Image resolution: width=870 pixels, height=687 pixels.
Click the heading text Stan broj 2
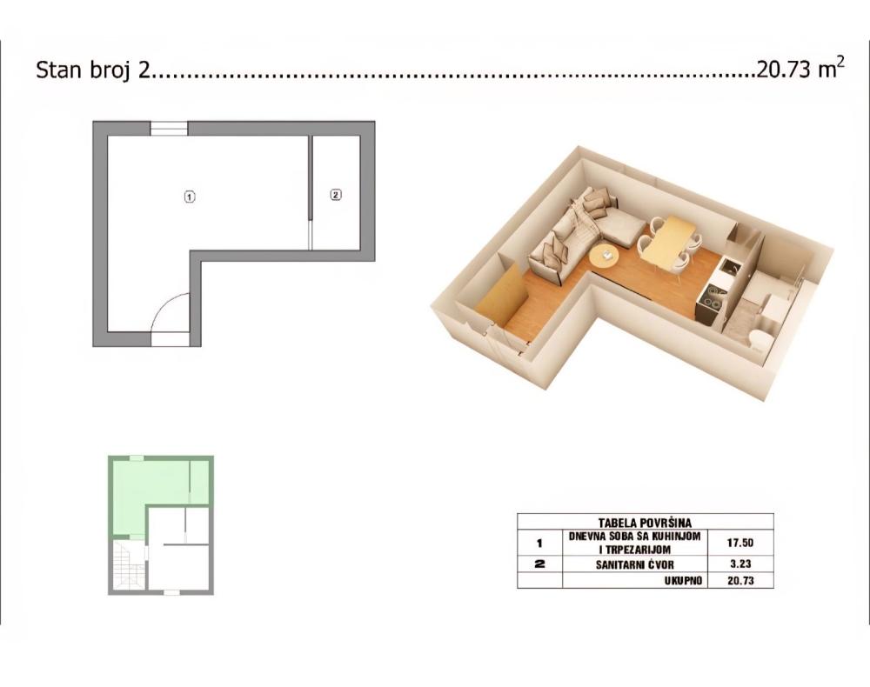(93, 71)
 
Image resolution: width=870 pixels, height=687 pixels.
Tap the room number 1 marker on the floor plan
(190, 197)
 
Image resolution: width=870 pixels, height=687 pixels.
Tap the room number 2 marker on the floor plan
(336, 195)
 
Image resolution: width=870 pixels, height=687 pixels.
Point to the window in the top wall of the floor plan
(170, 128)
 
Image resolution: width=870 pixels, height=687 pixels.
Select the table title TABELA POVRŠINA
(645, 523)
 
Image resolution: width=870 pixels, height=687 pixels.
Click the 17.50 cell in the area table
(740, 543)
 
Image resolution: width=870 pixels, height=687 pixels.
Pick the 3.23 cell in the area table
(740, 564)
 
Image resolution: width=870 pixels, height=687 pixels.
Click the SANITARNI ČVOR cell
(635, 564)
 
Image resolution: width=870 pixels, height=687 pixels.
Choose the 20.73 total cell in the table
(740, 581)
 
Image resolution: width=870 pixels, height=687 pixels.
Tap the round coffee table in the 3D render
(605, 257)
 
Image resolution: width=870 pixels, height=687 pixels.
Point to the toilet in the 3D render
(757, 338)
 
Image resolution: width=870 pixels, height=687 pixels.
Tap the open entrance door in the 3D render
(500, 297)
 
